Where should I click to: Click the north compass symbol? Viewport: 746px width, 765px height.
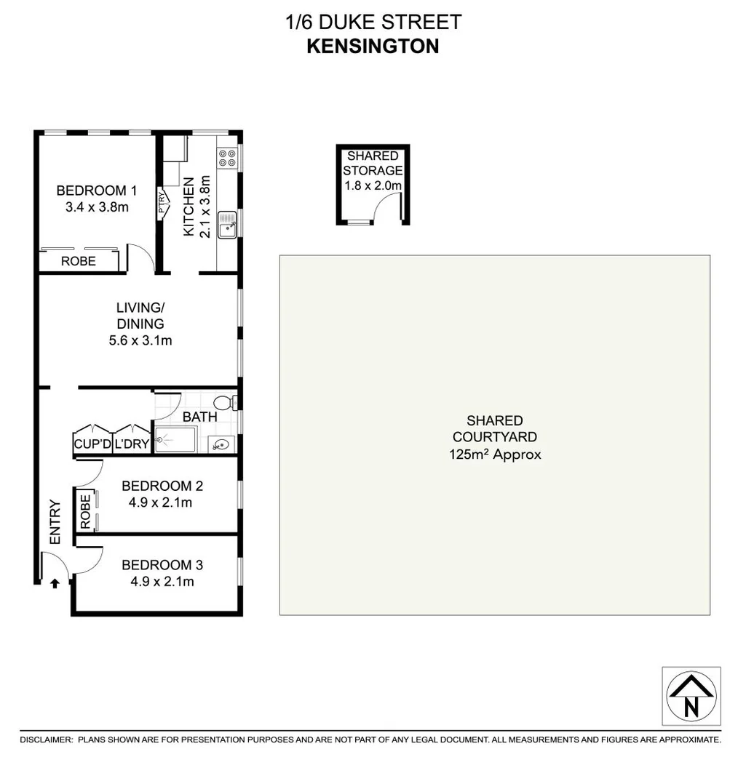[691, 696]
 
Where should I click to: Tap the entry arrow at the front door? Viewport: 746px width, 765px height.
[55, 582]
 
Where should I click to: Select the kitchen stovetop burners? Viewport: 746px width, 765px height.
[227, 158]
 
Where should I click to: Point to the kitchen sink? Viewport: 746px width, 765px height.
[229, 223]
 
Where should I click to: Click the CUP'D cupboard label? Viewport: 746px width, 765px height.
[92, 444]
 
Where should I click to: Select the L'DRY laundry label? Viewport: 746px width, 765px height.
[132, 444]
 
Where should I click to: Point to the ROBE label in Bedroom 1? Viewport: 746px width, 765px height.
[78, 261]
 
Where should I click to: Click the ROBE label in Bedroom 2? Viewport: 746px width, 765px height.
[85, 510]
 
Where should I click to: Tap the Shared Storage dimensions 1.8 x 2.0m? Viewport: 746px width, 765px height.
[373, 185]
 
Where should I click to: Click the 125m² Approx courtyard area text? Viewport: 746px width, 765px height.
[495, 455]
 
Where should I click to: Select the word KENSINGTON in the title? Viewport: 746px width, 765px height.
[373, 47]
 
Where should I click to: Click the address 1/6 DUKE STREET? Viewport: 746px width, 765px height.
[373, 22]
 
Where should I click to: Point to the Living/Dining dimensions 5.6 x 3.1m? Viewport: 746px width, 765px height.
[140, 340]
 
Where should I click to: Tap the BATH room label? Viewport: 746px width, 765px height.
[199, 417]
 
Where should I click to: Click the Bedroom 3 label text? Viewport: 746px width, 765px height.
[162, 565]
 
